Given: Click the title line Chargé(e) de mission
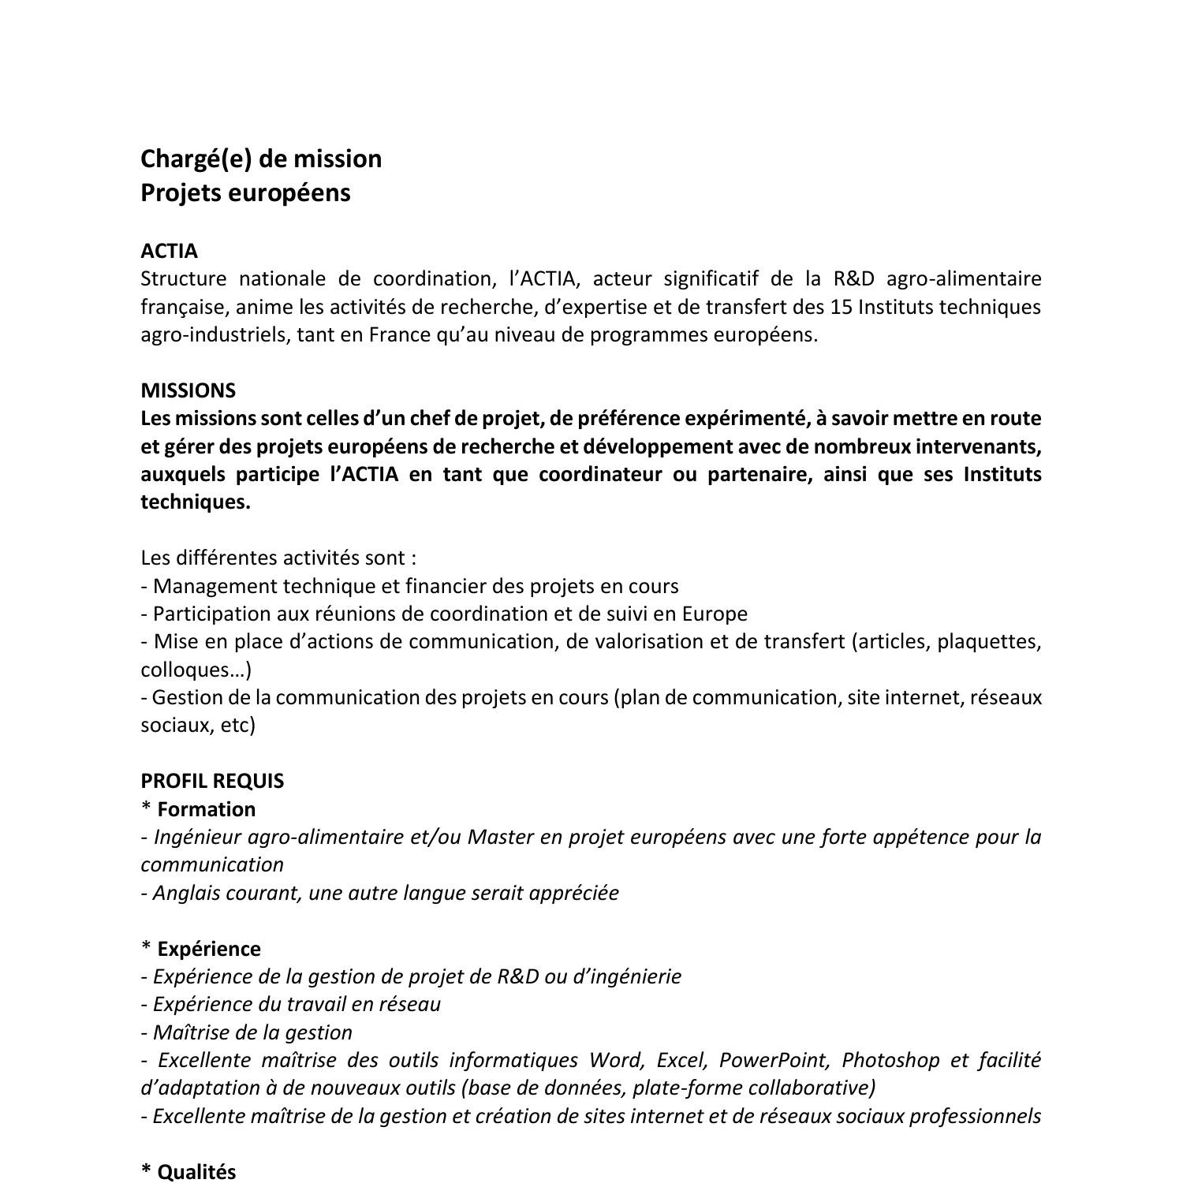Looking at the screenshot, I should click(x=261, y=159).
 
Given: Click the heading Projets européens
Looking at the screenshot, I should click(x=245, y=193).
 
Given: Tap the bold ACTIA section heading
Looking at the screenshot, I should click(x=169, y=251).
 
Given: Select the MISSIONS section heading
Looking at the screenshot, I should click(x=188, y=390).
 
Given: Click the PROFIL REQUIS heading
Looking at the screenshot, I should click(x=212, y=781).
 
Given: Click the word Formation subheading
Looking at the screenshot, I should click(x=207, y=809).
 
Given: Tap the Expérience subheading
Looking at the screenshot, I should click(x=209, y=949).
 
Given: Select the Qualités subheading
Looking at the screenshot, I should click(x=196, y=1172).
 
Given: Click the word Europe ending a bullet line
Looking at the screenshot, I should click(x=715, y=614).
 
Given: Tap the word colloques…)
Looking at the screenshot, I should click(x=196, y=670).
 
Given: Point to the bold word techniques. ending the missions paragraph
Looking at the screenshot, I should click(x=195, y=502).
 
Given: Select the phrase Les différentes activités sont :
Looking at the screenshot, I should click(x=278, y=558).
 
